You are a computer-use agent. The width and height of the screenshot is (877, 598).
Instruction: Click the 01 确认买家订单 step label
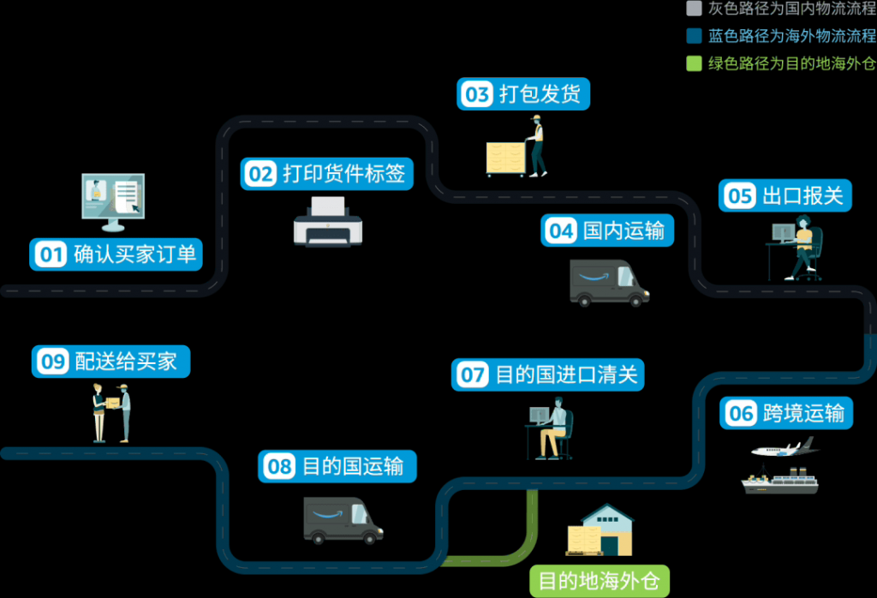[116, 254]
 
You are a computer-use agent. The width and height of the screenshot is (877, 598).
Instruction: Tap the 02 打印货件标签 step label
[325, 174]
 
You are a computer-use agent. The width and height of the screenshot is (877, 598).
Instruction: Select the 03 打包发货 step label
[524, 93]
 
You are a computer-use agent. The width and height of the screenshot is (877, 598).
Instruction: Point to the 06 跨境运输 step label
[786, 414]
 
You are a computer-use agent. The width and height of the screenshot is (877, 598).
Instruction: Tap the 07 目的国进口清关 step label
[547, 375]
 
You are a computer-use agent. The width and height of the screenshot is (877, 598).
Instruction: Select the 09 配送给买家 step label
[110, 362]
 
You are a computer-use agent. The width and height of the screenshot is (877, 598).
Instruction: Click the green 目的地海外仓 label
[599, 581]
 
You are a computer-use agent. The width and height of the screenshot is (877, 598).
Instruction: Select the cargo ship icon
[779, 481]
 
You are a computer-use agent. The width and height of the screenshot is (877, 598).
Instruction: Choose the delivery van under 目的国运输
[343, 520]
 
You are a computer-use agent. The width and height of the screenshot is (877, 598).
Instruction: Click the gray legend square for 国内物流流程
[694, 9]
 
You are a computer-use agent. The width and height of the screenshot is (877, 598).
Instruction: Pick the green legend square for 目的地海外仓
[694, 63]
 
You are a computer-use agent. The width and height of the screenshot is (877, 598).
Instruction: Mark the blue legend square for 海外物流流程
[694, 36]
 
